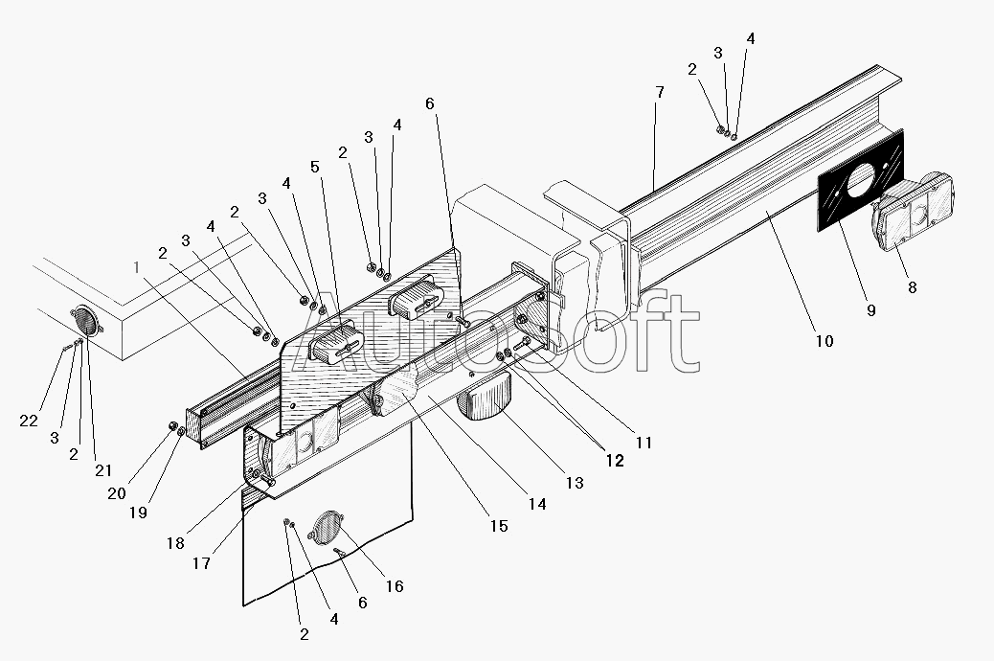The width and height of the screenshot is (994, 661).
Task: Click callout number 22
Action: click(29, 421)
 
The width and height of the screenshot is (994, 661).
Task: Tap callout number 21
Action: click(103, 470)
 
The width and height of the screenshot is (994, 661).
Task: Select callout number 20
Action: click(117, 493)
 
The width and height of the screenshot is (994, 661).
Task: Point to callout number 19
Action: click(138, 512)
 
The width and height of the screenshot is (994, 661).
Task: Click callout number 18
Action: click(175, 543)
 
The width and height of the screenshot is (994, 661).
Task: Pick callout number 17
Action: click(202, 562)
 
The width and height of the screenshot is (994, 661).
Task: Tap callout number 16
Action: click(395, 586)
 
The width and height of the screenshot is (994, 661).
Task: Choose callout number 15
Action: click(499, 526)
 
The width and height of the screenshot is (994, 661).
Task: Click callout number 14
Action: click(537, 504)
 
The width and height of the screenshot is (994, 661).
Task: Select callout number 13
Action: click(575, 483)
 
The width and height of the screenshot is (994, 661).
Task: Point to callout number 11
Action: click(644, 443)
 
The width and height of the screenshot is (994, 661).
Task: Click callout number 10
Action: click(825, 341)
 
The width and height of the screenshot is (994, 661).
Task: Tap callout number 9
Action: click(870, 310)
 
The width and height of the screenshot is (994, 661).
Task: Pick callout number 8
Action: click(913, 287)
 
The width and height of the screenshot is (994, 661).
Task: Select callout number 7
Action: click(660, 93)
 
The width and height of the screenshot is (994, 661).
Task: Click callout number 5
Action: click(315, 167)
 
